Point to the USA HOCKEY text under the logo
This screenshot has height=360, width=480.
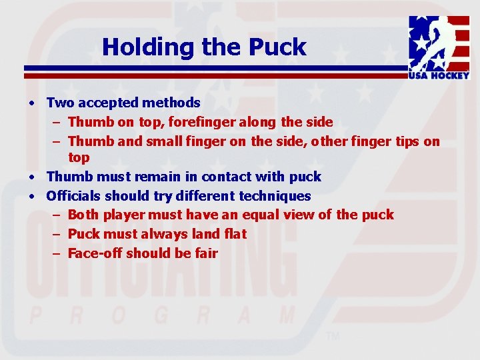(x=439, y=76)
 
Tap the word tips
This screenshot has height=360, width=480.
(x=407, y=141)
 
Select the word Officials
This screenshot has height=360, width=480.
(x=73, y=196)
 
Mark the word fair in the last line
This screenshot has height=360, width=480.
(x=206, y=253)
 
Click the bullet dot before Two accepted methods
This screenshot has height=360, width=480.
(x=32, y=103)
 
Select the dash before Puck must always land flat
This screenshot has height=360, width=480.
(x=57, y=234)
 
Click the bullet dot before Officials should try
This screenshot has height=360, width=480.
(x=32, y=197)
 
